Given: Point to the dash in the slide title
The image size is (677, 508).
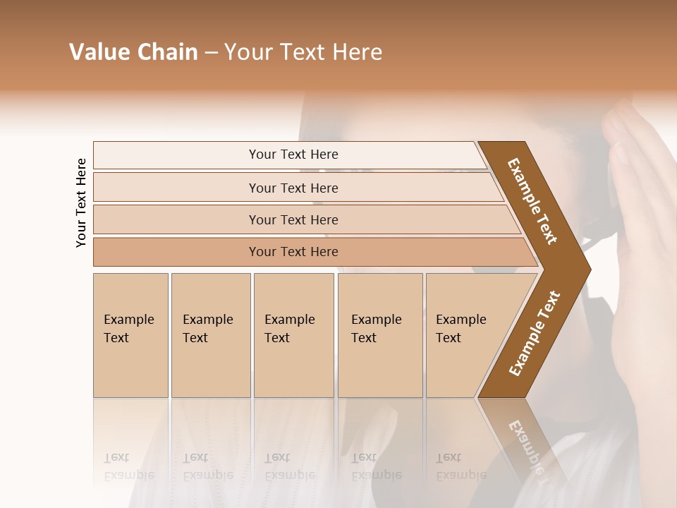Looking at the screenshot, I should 211,53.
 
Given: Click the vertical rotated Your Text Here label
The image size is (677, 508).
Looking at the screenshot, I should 81,202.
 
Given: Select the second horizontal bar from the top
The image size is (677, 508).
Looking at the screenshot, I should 293,188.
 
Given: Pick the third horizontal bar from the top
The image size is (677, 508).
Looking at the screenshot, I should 293,219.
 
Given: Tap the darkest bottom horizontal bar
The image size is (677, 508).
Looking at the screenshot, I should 293,252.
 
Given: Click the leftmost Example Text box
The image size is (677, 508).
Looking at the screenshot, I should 130,335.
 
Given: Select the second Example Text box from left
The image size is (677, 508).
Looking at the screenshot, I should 210,335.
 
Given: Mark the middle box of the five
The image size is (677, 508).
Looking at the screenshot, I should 293,335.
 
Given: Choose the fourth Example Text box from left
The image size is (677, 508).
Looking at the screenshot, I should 379,335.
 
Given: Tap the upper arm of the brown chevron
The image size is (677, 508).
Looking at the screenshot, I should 532,201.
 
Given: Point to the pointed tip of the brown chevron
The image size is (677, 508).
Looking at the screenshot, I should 585,269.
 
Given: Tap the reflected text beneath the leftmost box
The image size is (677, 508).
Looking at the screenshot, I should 129,466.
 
